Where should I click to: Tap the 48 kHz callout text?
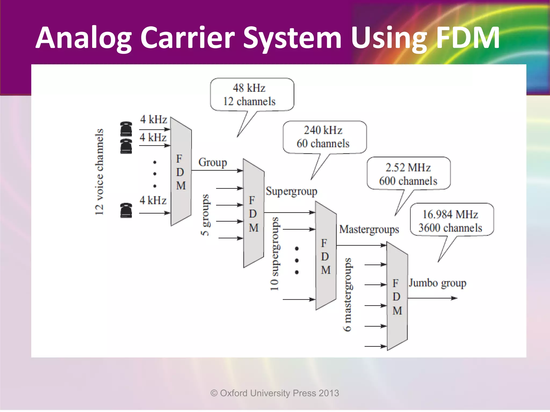(x=249, y=88)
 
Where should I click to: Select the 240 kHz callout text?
(x=323, y=130)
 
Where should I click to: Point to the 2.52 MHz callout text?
(x=408, y=168)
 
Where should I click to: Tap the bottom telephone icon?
(x=126, y=210)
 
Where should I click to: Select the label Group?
(x=213, y=163)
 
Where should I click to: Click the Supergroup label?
(x=292, y=192)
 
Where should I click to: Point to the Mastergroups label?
(x=369, y=230)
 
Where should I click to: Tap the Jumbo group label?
(x=437, y=283)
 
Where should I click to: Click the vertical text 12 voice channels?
(x=99, y=172)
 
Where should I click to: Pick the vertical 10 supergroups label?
(x=274, y=254)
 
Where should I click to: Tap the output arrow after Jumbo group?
(x=432, y=298)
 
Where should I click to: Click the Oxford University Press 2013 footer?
(x=275, y=393)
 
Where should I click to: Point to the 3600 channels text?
(x=450, y=228)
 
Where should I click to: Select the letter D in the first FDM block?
(x=180, y=172)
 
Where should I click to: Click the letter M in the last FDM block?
(x=397, y=311)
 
